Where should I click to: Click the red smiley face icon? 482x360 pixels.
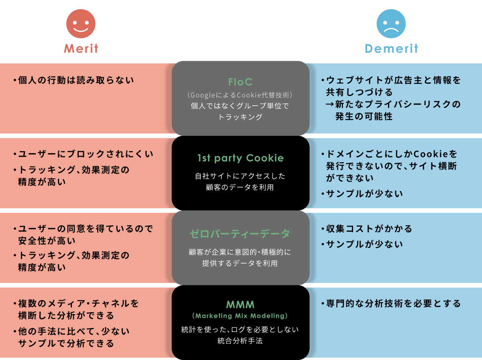[x=81, y=24]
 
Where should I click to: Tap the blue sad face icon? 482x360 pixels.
[x=391, y=24]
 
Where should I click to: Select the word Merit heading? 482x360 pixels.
[x=81, y=49]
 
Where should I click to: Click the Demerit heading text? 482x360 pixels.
[x=391, y=49]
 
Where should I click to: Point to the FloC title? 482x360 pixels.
[x=240, y=82]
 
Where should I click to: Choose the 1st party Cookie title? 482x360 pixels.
[x=240, y=158]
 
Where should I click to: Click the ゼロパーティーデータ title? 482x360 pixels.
[x=240, y=233]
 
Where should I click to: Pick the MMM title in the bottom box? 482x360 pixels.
[x=240, y=304]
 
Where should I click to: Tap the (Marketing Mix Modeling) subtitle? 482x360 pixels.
[x=240, y=315]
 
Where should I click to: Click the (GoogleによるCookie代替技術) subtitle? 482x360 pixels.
[x=240, y=95]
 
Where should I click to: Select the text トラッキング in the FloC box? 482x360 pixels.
[x=240, y=117]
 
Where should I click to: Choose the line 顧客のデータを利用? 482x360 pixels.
[x=240, y=187]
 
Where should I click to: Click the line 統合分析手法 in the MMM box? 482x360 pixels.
[x=240, y=341]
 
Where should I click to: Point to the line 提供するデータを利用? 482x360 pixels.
[x=240, y=264]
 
